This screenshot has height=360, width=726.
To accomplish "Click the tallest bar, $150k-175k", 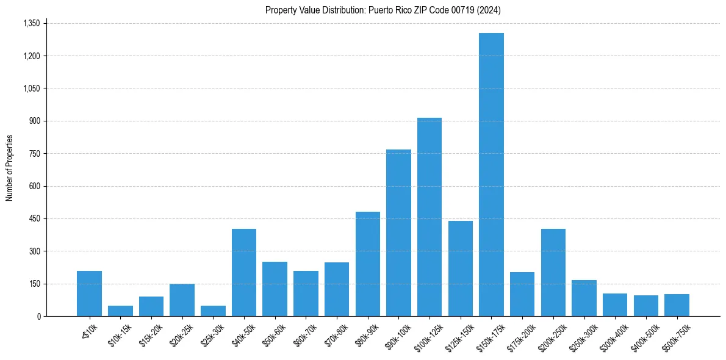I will point(491,177).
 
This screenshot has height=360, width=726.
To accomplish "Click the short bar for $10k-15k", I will point(120,311).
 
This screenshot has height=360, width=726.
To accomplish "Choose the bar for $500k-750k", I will point(677,305).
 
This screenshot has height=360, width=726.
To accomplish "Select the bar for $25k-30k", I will point(213,311).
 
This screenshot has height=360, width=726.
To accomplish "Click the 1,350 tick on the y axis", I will point(31,23).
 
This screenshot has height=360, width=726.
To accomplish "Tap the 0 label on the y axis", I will point(38,316).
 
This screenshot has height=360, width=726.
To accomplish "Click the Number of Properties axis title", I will point(9,168).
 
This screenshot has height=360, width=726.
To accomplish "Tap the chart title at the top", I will point(383,10).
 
